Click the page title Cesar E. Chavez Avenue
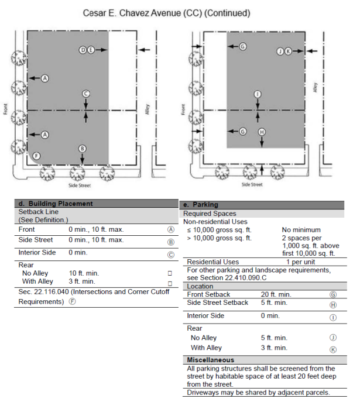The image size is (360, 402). point(167,13)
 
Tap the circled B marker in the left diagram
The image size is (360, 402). point(83,149)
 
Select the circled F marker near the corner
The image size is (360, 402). point(37,156)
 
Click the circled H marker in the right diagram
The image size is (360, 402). point(261,132)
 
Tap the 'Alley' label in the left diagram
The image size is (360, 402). point(148,109)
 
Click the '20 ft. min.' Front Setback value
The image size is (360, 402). point(276,294)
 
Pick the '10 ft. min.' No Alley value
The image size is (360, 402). point(84,273)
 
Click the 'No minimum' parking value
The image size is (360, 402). point(301,230)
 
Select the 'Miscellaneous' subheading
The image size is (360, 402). point(211,359)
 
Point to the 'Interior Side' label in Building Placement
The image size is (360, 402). point(36,253)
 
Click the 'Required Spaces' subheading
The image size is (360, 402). point(210,214)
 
